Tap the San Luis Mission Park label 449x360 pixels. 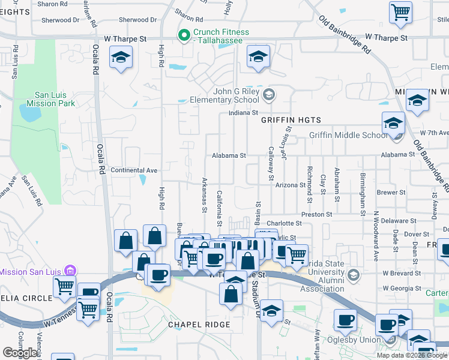pos(55,99)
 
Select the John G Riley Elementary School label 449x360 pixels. pos(224,95)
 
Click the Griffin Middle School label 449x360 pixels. pos(348,135)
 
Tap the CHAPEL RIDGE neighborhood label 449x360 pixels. pos(199,325)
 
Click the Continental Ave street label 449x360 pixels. pos(134,170)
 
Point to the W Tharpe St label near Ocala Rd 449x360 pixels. pos(125,38)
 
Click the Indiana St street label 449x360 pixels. pos(243,112)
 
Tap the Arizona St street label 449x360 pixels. pos(291,185)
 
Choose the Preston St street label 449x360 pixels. pos(317,214)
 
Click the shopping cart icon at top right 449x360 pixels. pos(400,12)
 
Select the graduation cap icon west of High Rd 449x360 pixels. pos(121,58)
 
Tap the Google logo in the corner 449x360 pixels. pos(20,353)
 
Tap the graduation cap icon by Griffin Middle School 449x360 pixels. pos(393,124)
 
